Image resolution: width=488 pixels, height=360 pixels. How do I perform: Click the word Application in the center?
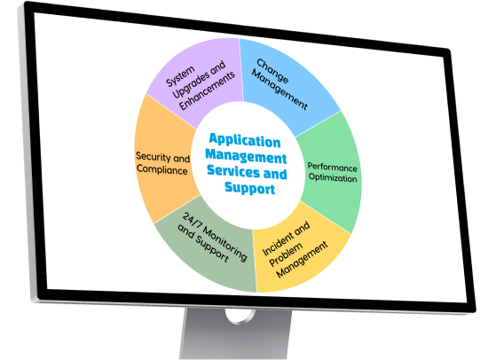coord(245,140)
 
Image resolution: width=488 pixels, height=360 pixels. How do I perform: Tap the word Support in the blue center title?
coord(250,188)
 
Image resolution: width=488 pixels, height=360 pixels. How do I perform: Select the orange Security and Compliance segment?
coord(162,161)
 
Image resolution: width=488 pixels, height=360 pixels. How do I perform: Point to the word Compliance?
coord(162,169)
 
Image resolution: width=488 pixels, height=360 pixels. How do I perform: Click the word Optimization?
coord(333,177)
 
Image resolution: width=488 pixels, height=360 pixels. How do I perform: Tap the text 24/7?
coord(192,221)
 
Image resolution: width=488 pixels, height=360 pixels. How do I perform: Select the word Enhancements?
coord(208,90)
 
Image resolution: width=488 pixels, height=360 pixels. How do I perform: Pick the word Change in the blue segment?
coord(272,71)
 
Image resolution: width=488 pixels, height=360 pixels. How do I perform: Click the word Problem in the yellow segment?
coord(286,254)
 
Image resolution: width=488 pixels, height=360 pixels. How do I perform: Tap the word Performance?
coord(333,167)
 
